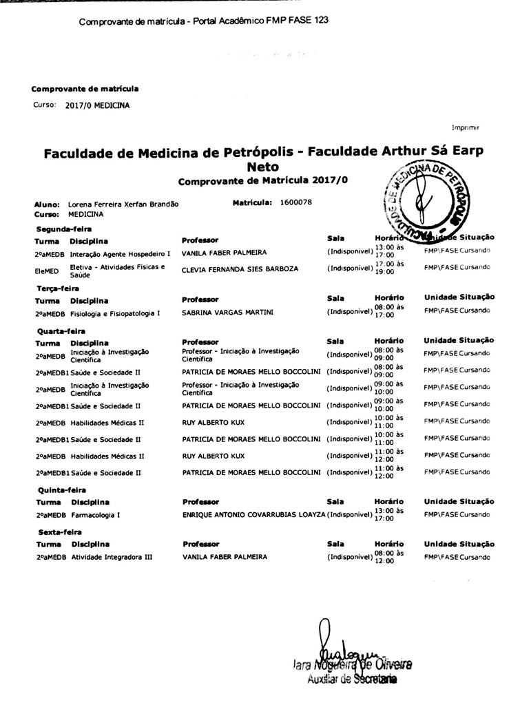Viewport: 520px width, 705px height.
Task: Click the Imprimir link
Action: [x=466, y=127]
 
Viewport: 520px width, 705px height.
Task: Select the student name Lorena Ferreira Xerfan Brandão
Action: [x=123, y=204]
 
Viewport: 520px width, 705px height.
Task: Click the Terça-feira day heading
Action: [x=58, y=288]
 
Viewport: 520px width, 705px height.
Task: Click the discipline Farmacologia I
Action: [x=96, y=514]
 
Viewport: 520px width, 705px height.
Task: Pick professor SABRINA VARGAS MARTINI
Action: [x=227, y=313]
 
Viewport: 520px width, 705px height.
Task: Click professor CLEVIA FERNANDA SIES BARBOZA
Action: [x=240, y=269]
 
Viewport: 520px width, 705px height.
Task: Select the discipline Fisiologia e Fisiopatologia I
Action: [x=115, y=313]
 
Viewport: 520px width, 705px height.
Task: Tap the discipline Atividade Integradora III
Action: [x=112, y=556]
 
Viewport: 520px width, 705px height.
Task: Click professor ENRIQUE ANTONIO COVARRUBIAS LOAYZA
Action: [x=253, y=514]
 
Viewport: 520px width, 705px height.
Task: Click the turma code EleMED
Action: [x=47, y=269]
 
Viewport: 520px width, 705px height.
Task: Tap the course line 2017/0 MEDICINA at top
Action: [x=97, y=105]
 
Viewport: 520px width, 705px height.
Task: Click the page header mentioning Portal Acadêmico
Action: [x=203, y=21]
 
